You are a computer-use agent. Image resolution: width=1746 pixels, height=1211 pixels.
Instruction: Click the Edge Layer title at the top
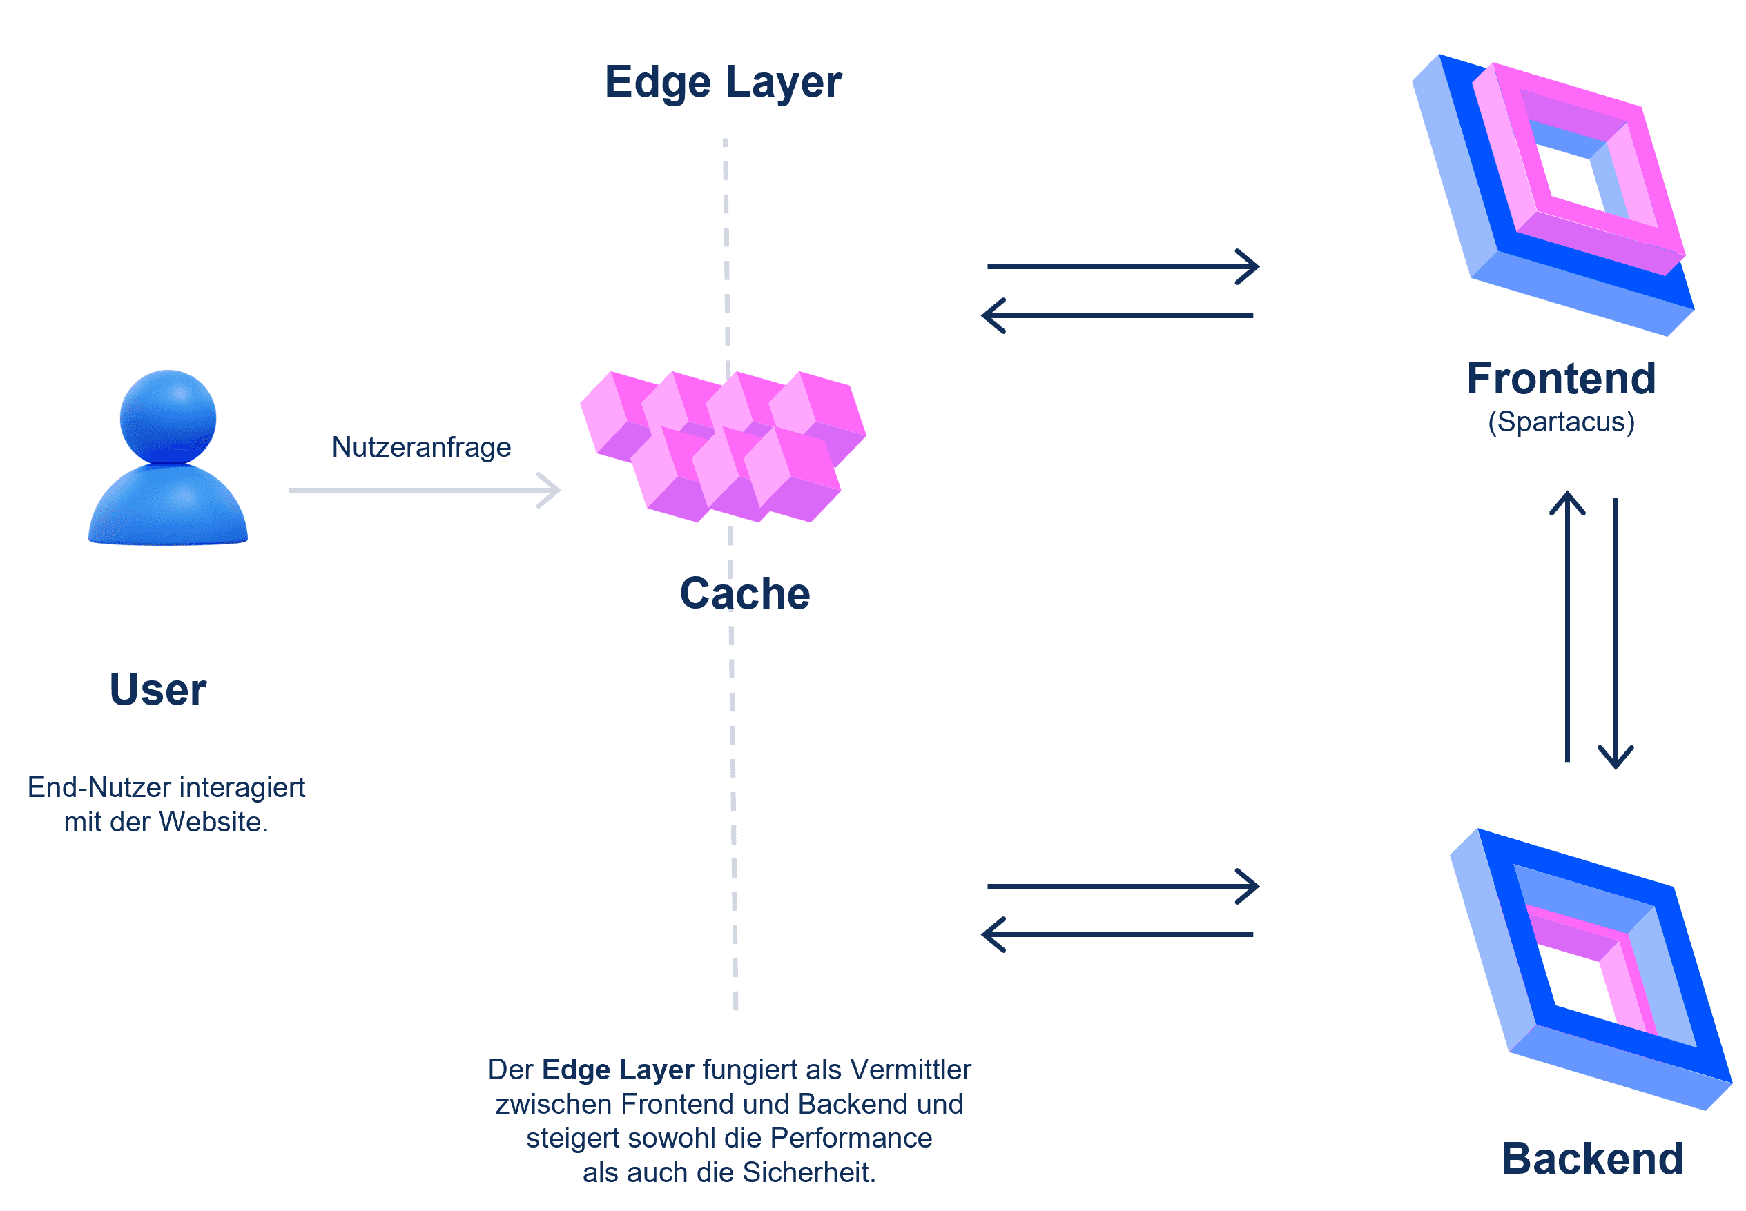722,82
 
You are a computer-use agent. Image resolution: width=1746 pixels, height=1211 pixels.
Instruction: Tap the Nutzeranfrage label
421,447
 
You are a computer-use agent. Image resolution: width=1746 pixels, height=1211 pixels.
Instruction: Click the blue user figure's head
168,417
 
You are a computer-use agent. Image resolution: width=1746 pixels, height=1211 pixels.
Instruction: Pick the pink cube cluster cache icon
723,446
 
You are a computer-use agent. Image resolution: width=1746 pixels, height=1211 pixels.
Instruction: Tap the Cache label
744,593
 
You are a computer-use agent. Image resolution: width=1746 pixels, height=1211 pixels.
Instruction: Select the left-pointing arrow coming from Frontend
1118,315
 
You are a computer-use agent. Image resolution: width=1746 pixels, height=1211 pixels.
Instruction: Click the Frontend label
1561,378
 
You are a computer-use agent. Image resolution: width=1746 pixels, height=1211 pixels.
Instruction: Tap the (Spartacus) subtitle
1561,421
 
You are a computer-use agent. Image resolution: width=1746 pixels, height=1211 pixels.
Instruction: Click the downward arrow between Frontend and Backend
1616,633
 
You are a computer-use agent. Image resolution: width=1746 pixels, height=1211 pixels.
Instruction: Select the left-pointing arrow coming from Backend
1118,935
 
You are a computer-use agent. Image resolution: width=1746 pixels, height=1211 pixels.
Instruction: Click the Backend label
1592,1159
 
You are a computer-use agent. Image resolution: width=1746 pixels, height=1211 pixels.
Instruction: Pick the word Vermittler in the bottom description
910,1069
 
